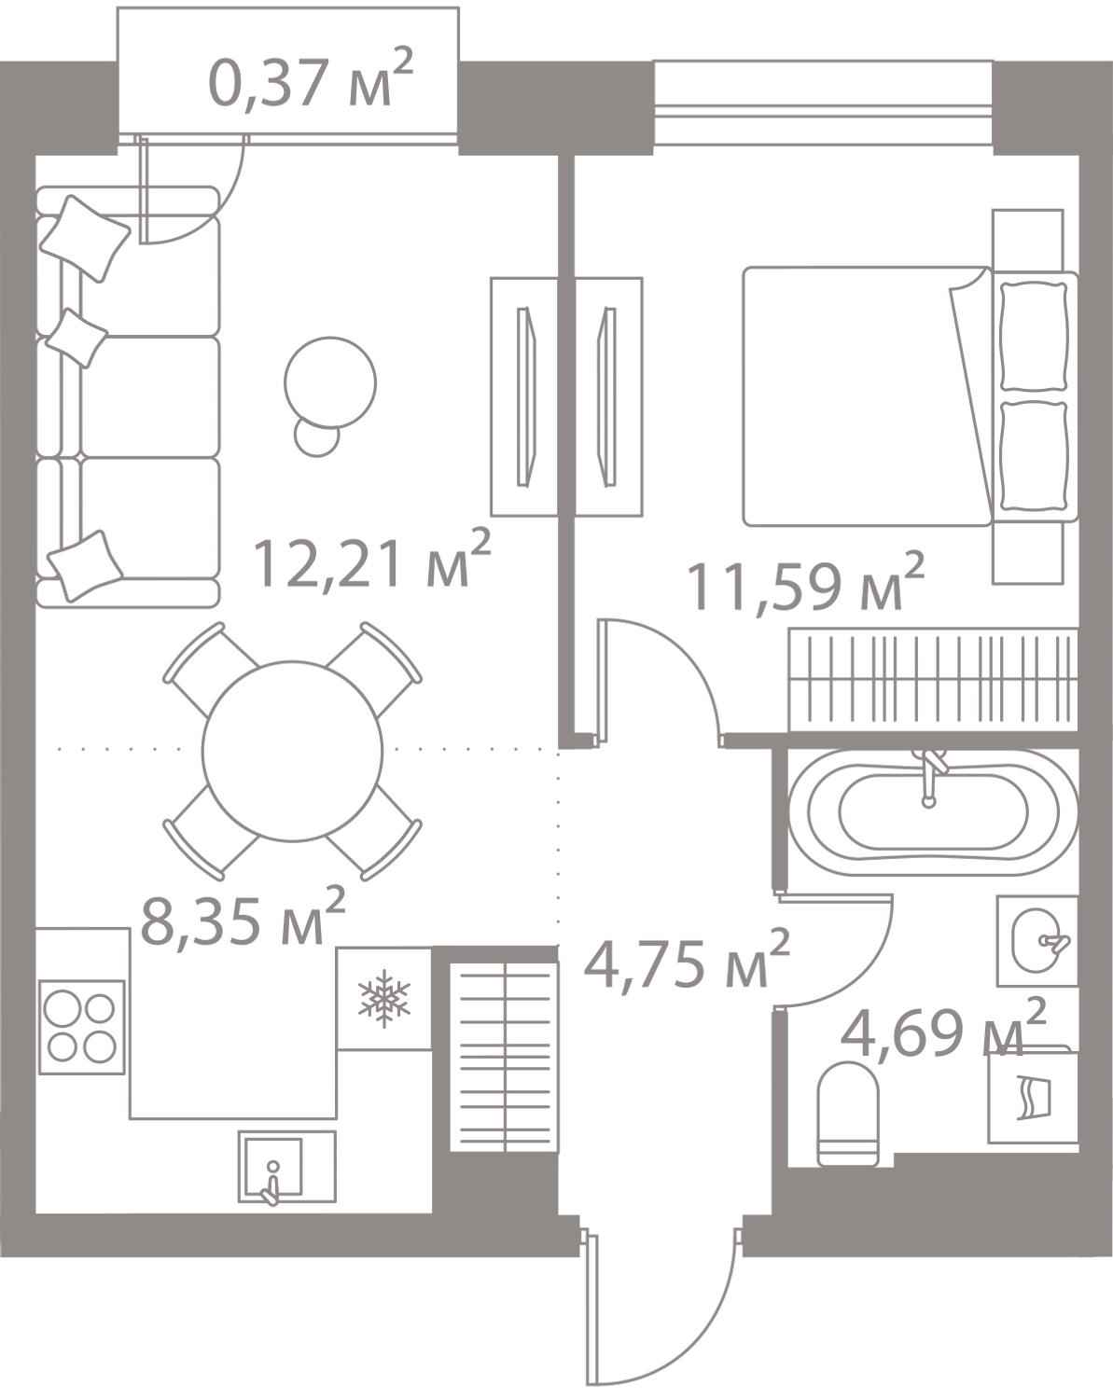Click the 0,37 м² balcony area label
[x=308, y=85]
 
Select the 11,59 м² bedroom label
[x=805, y=583]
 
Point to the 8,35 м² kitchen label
[x=242, y=916]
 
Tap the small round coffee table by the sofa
[x=331, y=382]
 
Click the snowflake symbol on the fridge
[x=384, y=999]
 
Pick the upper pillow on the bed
[x=1033, y=335]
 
